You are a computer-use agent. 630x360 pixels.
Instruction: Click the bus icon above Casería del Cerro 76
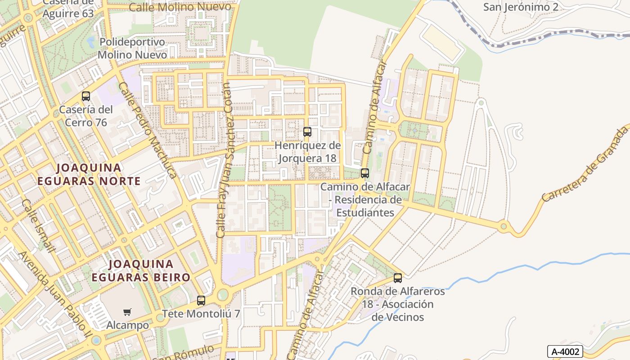(86, 96)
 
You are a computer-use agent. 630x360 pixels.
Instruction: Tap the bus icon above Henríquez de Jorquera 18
(307, 131)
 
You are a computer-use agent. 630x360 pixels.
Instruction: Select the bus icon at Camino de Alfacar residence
(365, 173)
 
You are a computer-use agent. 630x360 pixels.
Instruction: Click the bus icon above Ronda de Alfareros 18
(398, 278)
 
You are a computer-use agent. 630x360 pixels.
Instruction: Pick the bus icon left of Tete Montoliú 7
(201, 300)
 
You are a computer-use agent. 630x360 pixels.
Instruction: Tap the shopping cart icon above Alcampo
(127, 312)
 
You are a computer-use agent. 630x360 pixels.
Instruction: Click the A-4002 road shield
(565, 351)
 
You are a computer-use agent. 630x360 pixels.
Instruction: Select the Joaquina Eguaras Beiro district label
(141, 270)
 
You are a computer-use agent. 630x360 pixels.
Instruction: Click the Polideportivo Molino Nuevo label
(132, 48)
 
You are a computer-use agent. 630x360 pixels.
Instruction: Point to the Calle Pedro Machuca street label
(147, 130)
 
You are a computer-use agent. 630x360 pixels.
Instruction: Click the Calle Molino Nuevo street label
(180, 7)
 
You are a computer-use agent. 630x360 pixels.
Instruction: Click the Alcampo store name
(127, 325)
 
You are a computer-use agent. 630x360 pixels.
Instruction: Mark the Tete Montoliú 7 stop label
(201, 314)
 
